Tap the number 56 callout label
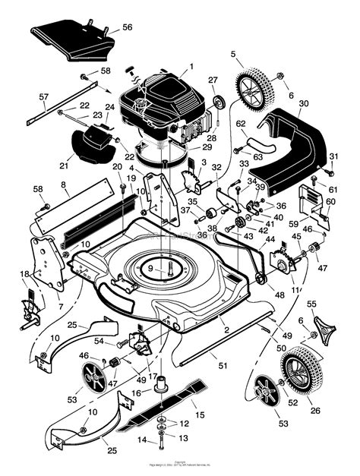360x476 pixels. [127, 27]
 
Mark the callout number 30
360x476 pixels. [303, 103]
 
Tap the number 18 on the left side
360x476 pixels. [24, 274]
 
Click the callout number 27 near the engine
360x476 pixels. [213, 79]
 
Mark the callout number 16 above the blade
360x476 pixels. [137, 392]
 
